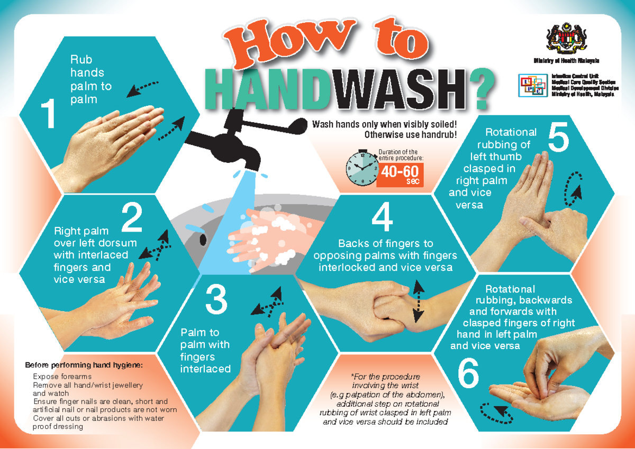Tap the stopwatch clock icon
tap(361, 169)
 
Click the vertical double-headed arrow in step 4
tap(418, 301)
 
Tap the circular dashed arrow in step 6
tap(496, 413)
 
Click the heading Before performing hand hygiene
tap(84, 365)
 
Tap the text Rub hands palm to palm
tap(90, 79)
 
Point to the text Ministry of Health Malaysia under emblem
tap(566, 60)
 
